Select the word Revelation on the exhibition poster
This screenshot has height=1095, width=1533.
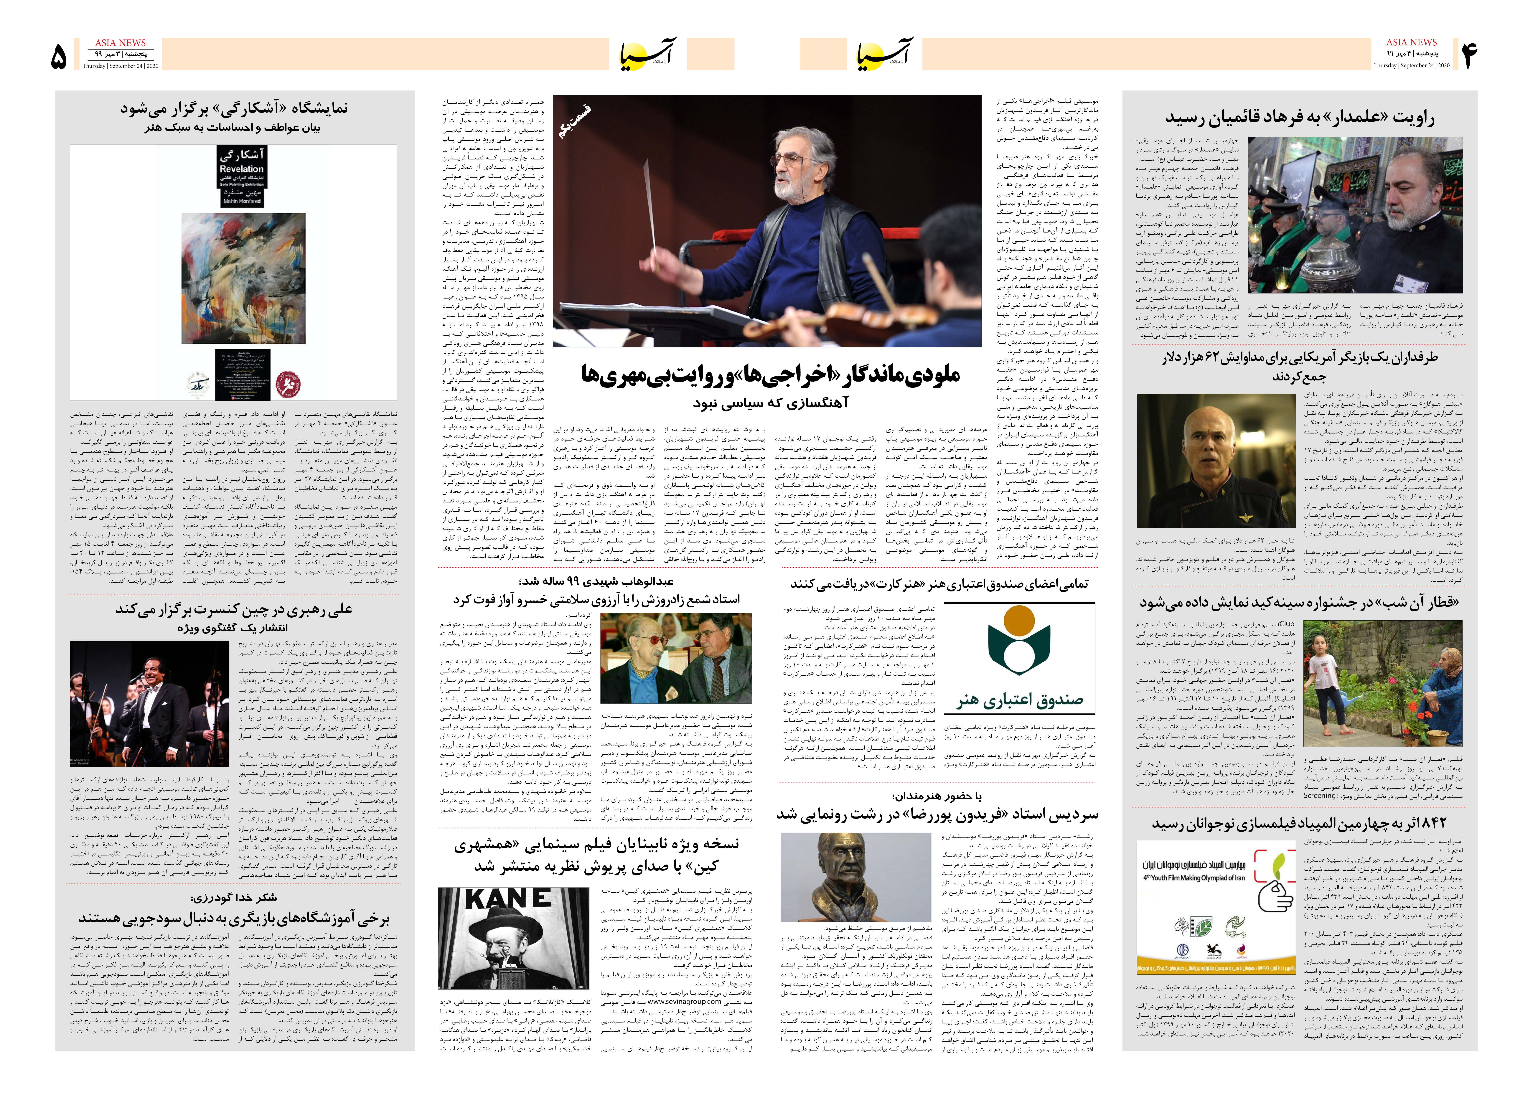point(241,169)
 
